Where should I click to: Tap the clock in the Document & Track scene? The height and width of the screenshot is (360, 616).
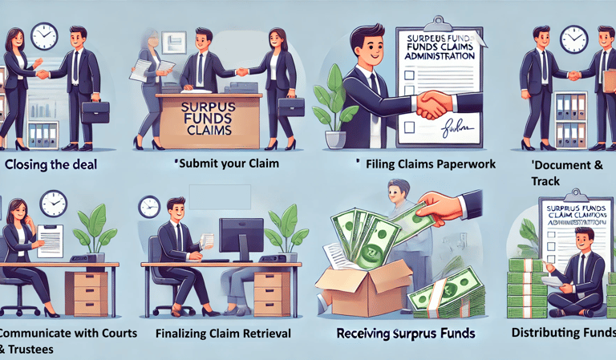click(573, 39)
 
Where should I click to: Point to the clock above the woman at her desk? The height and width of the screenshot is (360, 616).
click(53, 202)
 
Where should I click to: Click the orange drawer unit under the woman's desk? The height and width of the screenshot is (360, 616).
click(87, 293)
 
